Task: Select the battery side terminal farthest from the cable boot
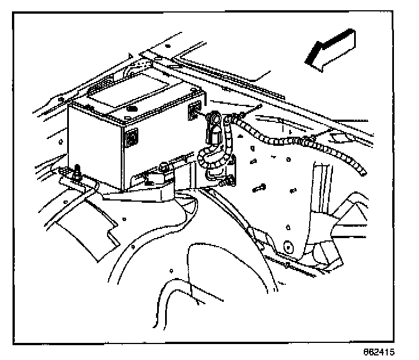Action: coord(132,137)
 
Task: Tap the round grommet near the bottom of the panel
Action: coord(288,247)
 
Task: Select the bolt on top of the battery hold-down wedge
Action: coord(163,167)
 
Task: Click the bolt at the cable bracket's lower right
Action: coord(231,181)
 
